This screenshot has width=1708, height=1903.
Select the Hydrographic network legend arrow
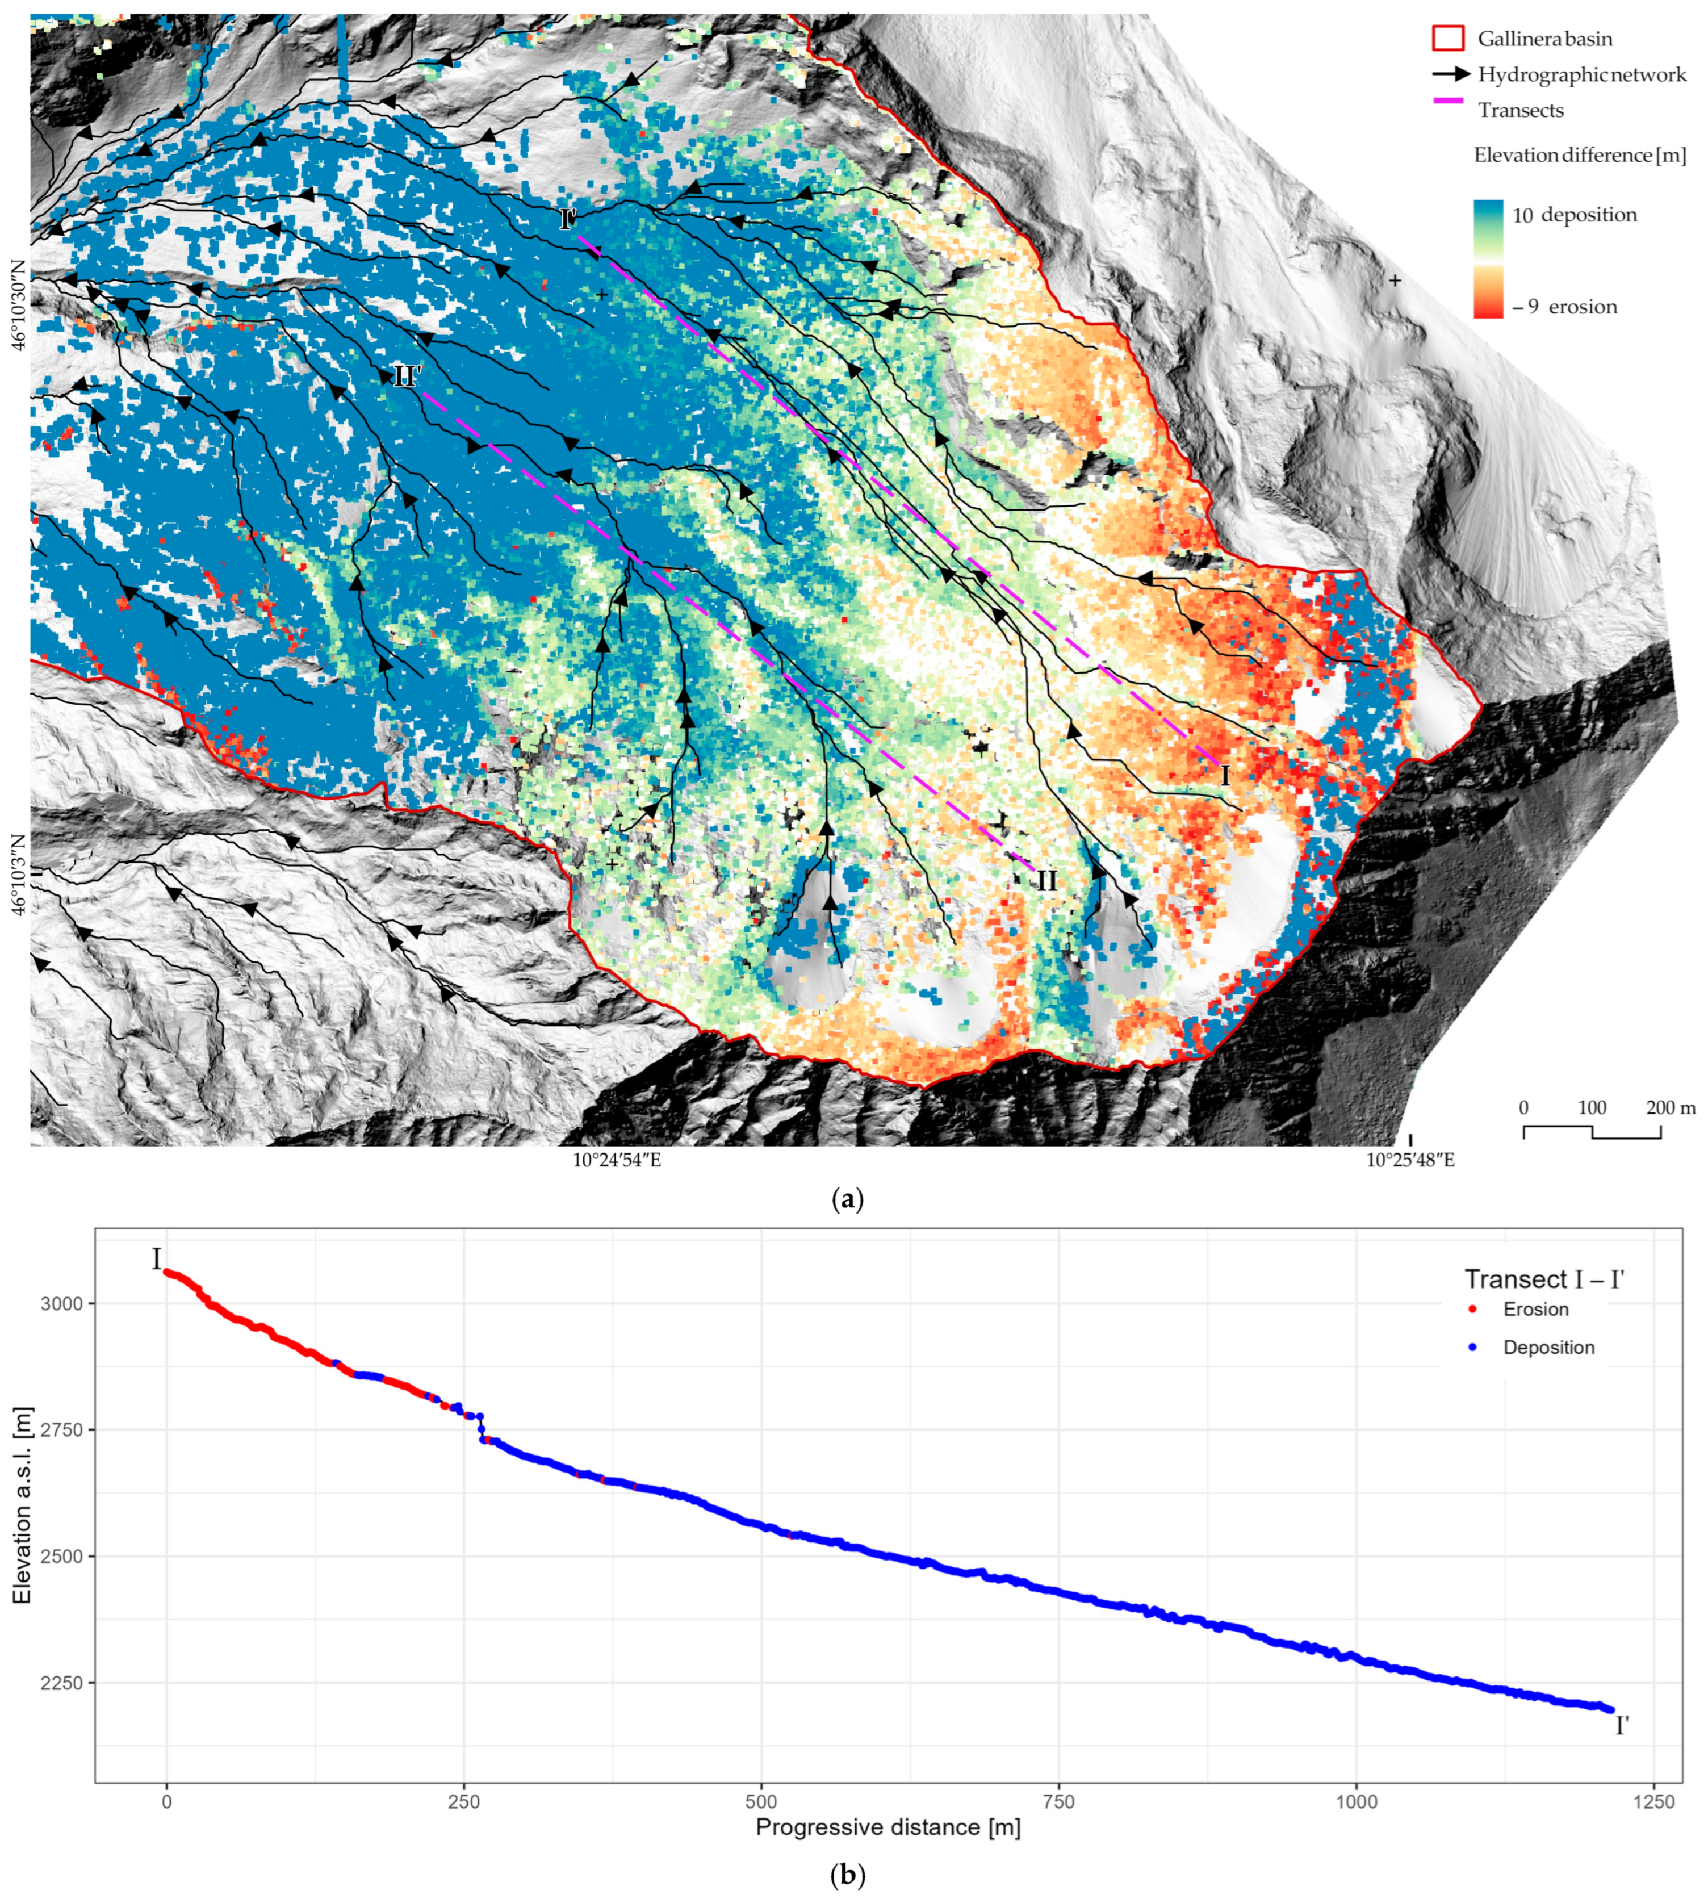[x=1449, y=73]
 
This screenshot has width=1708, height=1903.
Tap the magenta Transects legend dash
[x=1448, y=101]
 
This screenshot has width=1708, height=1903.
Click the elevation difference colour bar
[x=1488, y=258]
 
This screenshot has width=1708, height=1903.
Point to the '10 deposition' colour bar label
[x=1574, y=215]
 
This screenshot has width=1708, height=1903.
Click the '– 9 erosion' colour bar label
[x=1564, y=307]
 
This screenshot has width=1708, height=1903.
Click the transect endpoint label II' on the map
[x=407, y=377]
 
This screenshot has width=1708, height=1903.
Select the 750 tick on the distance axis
[x=1058, y=1802]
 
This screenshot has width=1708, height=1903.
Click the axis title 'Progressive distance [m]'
[x=888, y=1827]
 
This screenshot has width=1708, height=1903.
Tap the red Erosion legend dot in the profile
[x=1472, y=1309]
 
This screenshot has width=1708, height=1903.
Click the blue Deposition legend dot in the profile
[x=1472, y=1348]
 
